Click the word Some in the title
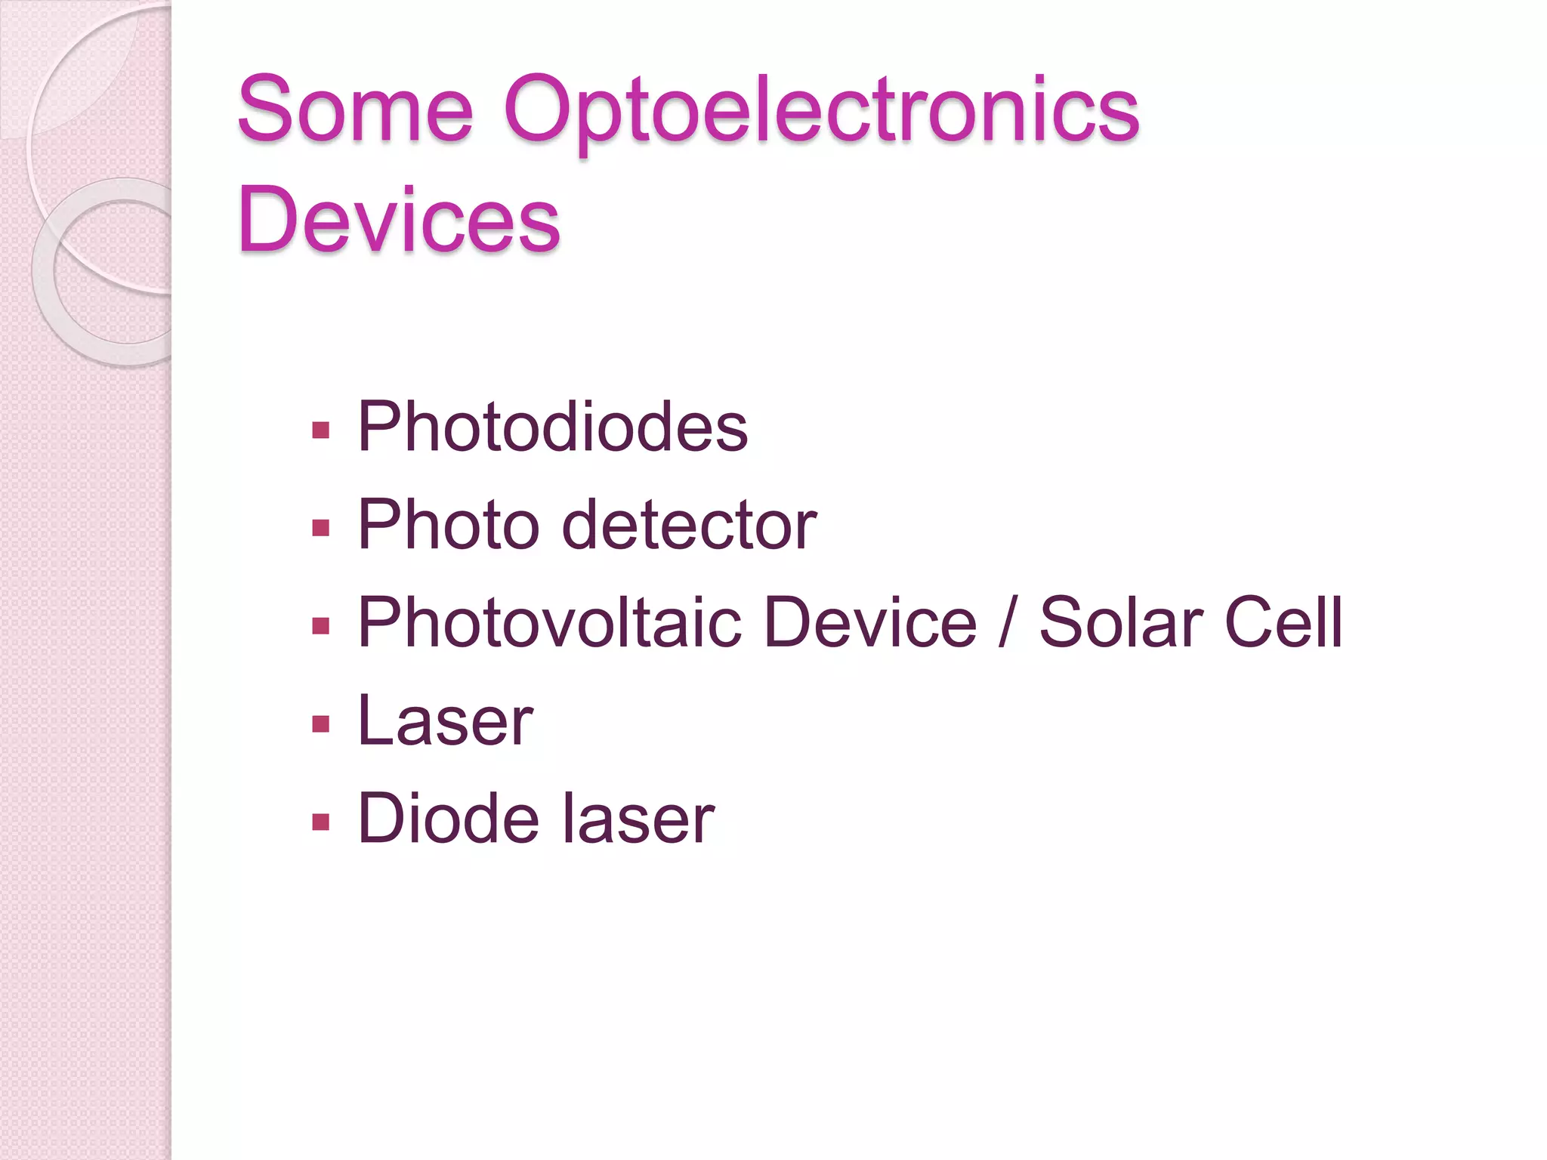355,110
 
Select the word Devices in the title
399,220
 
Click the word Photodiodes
552,427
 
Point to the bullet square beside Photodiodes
321,430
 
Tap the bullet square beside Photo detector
321,528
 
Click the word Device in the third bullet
870,623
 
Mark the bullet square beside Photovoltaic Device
321,626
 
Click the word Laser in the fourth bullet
446,721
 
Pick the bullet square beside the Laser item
321,724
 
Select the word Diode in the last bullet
449,819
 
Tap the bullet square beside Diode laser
321,822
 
